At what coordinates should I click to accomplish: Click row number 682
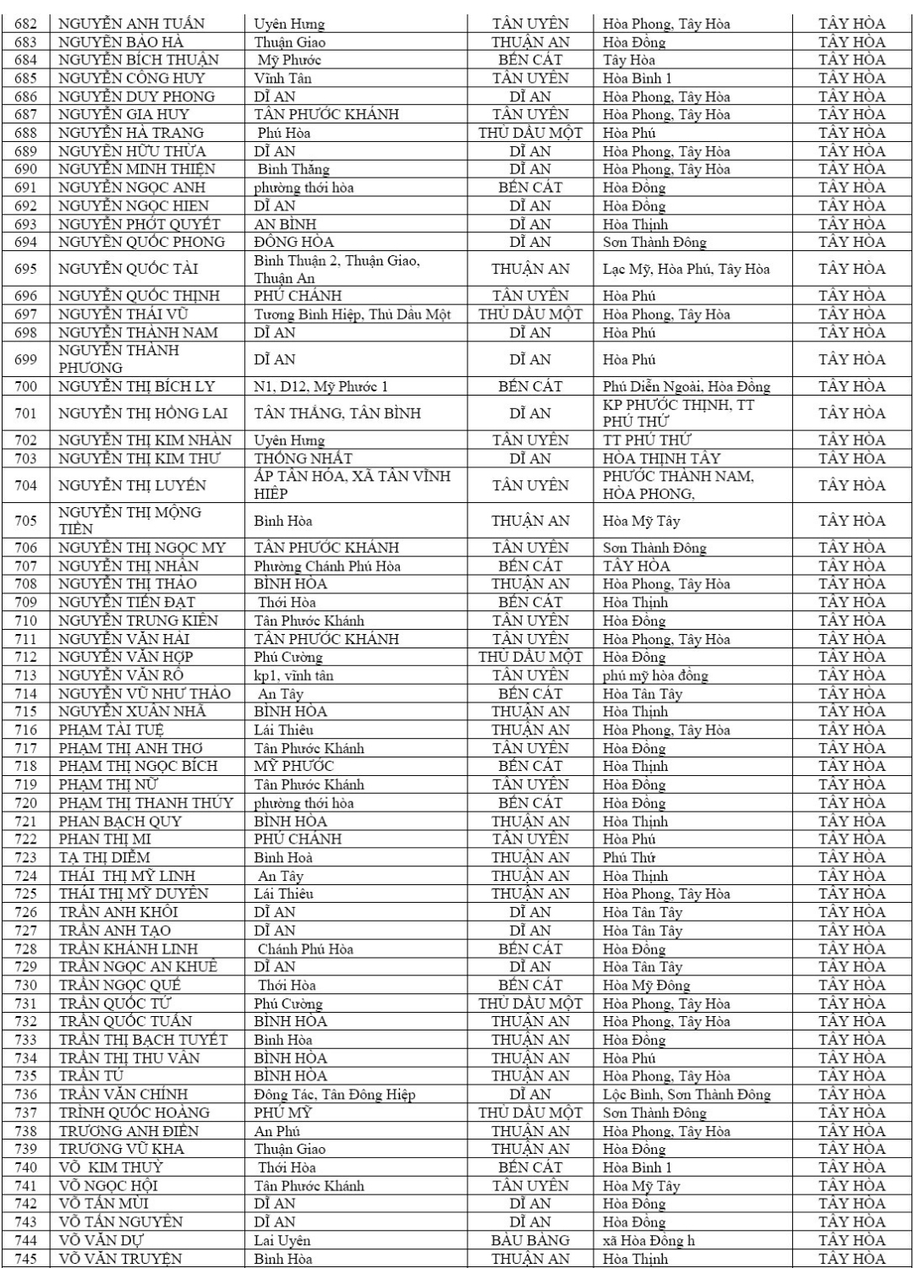tap(26, 24)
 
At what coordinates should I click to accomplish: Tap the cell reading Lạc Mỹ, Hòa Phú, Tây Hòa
tap(686, 269)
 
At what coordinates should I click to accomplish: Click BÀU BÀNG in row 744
tap(530, 1240)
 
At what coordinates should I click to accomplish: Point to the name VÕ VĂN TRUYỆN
tap(120, 1259)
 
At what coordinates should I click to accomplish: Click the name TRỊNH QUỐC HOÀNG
tap(134, 1112)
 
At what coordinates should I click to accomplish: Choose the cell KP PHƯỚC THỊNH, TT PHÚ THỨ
tap(678, 413)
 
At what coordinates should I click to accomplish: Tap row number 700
tap(26, 386)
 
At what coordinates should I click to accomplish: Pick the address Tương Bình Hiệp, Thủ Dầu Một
tap(353, 314)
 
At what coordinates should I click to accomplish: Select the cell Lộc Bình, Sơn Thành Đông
tap(687, 1095)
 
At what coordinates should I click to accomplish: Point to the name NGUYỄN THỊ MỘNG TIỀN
tap(129, 521)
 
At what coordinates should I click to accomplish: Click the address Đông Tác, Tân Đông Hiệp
tap(335, 1095)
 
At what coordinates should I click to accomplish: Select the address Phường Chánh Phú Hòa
tap(327, 566)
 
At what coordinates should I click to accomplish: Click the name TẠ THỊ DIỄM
tap(104, 857)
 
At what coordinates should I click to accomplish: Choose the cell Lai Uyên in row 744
tap(282, 1240)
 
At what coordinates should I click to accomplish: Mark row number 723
tap(26, 857)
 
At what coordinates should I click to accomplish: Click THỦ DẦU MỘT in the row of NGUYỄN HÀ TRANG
tap(530, 133)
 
